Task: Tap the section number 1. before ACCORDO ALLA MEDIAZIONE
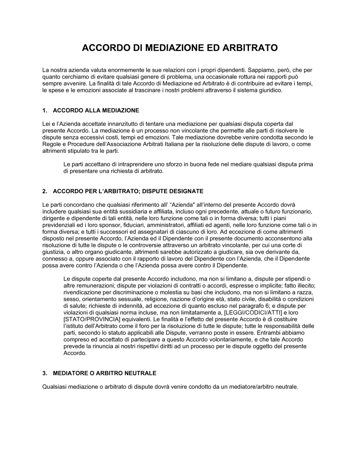point(45,110)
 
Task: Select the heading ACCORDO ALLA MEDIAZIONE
point(96,110)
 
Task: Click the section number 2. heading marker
point(45,191)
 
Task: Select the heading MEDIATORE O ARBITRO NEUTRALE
point(104,373)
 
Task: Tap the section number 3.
point(45,373)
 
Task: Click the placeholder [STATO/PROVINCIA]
point(92,319)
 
